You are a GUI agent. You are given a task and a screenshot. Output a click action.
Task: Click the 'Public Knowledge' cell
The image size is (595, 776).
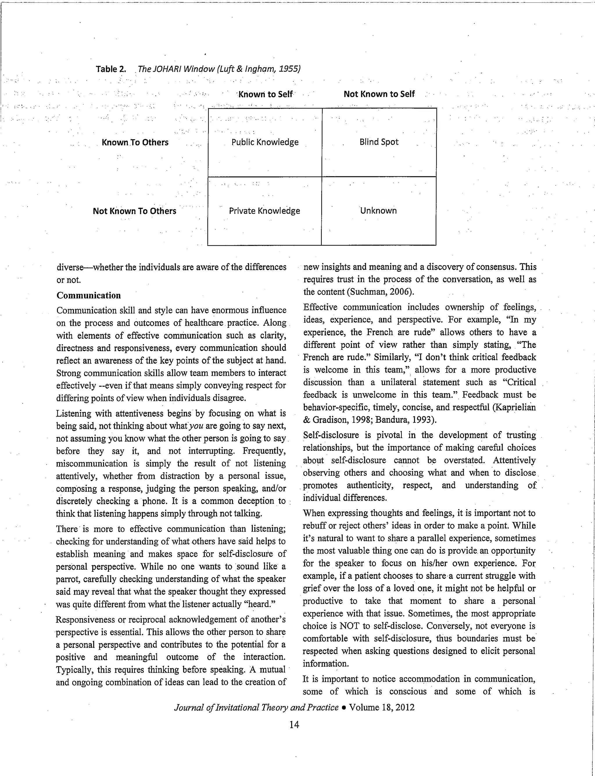pos(265,142)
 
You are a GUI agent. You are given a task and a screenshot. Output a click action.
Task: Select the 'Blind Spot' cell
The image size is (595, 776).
pos(379,142)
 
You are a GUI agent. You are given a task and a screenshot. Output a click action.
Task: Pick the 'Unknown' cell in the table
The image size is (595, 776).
pos(378,210)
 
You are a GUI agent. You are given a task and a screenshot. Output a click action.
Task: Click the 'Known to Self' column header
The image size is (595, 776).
pos(265,94)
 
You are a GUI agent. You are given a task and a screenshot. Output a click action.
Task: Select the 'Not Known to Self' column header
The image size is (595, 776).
pos(379,94)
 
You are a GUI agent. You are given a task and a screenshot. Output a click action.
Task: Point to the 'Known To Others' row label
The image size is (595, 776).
pos(135,142)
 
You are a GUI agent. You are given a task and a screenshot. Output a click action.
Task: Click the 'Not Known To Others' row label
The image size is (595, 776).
pos(134,211)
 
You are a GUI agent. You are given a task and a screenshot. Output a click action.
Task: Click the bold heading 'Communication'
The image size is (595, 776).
pos(89,295)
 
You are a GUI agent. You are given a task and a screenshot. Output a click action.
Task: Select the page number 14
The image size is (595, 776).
pos(294,725)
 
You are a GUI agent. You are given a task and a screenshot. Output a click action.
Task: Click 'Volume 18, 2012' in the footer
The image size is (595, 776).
pos(381,708)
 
